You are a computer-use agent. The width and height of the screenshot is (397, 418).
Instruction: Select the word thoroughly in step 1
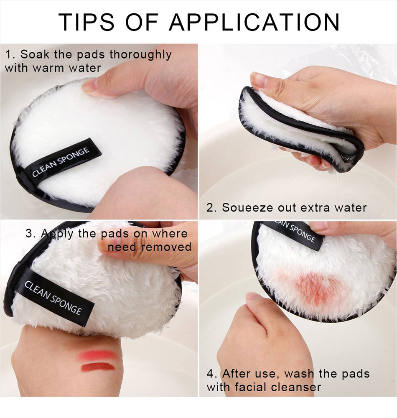coord(140,55)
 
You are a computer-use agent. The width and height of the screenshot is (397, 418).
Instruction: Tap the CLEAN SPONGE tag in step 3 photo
coord(53,297)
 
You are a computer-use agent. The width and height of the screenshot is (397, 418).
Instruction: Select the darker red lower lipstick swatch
coord(97,367)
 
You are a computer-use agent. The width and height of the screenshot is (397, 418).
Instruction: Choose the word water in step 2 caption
coord(349,207)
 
